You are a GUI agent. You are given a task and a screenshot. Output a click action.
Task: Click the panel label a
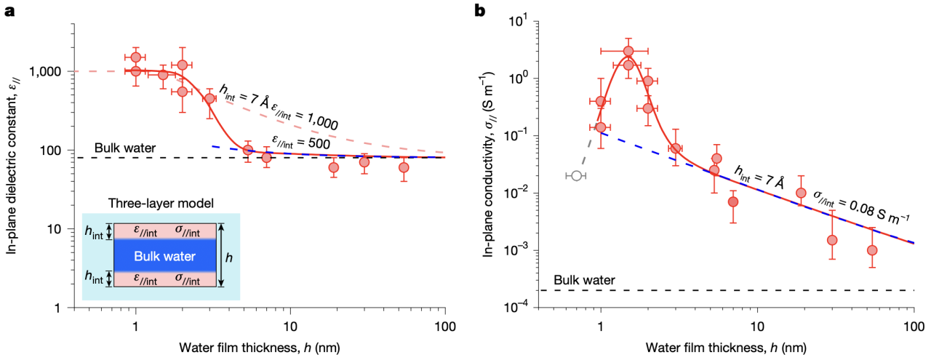[x=11, y=12]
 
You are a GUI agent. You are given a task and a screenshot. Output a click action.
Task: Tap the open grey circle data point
[x=576, y=175]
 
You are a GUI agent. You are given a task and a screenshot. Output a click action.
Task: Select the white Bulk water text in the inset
[x=164, y=256]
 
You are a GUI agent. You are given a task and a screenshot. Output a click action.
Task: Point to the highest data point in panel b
[x=628, y=51]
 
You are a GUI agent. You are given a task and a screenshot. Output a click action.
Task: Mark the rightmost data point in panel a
[x=404, y=167]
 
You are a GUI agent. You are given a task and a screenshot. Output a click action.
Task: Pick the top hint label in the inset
[x=95, y=231]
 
